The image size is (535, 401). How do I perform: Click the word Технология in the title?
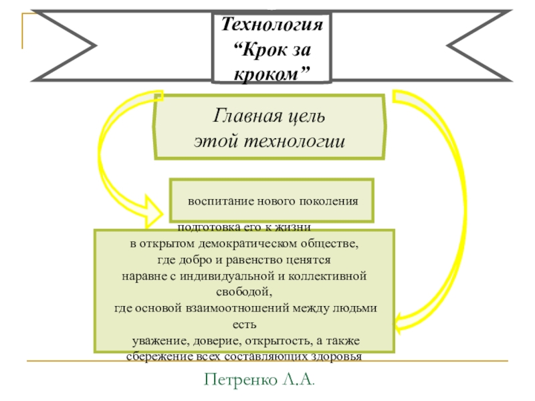pos(272,26)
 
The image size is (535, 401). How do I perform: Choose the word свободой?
pos(243,291)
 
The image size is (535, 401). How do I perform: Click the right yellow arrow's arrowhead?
pos(399,324)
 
